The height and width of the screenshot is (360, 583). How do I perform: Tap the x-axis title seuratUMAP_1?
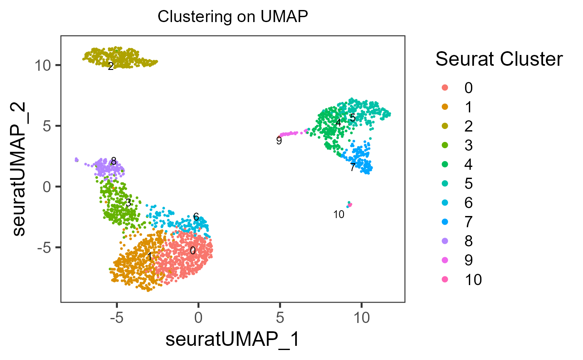click(233, 340)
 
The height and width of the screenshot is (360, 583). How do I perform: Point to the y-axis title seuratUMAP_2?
click(19, 169)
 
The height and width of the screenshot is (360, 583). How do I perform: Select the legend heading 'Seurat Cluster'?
click(499, 60)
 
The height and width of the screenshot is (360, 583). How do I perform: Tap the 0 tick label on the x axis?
click(198, 318)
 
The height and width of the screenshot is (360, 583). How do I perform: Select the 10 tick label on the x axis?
click(361, 318)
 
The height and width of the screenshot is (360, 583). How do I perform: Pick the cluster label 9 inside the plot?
click(279, 141)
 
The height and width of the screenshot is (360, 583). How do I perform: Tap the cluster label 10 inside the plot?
click(339, 215)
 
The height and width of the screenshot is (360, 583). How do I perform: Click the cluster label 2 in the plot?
click(110, 67)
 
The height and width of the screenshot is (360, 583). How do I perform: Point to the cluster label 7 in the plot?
click(352, 168)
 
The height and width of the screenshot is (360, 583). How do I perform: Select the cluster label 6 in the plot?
click(196, 217)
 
